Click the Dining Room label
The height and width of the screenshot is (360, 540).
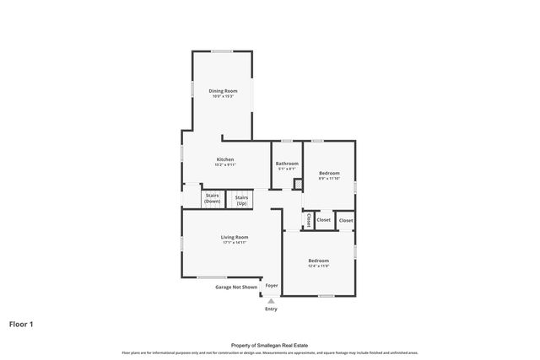[224, 90]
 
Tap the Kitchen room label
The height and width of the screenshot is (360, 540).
[225, 159]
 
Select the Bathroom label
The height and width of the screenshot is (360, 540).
[288, 164]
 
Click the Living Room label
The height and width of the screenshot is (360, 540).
[235, 237]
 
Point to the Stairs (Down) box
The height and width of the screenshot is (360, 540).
[212, 199]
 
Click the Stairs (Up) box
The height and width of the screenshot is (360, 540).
[241, 199]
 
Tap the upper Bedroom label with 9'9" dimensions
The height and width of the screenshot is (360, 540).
[329, 173]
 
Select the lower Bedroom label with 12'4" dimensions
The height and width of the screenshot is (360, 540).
[318, 261]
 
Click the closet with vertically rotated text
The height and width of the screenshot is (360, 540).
[309, 219]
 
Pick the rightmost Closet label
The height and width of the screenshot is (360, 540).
[346, 220]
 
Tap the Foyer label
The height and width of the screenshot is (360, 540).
[272, 286]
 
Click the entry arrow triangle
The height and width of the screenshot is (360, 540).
[271, 300]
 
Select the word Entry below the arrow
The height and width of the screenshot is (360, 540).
[271, 309]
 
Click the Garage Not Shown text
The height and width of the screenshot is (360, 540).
[235, 287]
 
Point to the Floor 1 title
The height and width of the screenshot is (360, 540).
[21, 324]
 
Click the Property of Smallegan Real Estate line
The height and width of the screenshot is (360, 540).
[270, 346]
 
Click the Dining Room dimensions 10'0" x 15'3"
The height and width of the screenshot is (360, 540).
[224, 95]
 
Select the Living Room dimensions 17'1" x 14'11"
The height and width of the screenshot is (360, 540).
[235, 243]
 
